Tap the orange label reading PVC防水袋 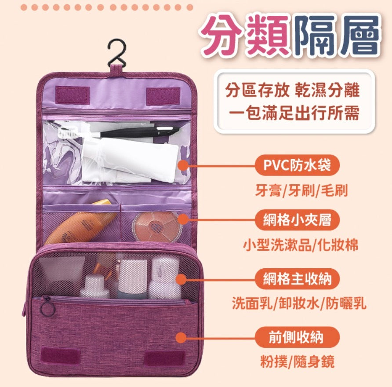pyautogui.click(x=298, y=165)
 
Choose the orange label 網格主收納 pyautogui.click(x=298, y=278)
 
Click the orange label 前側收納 pyautogui.click(x=298, y=337)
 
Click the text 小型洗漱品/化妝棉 pyautogui.click(x=301, y=245)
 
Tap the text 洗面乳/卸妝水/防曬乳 pyautogui.click(x=299, y=303)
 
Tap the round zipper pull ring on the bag pyautogui.click(x=47, y=307)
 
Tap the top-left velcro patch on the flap pyautogui.click(x=73, y=95)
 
